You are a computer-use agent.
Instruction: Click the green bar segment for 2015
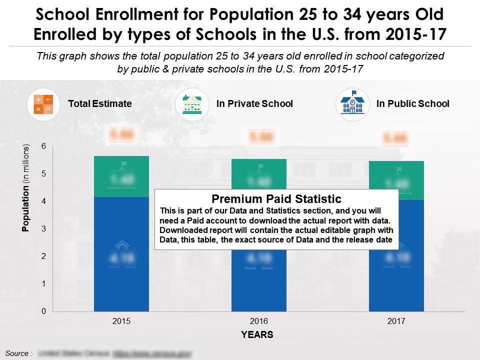pyautogui.click(x=121, y=176)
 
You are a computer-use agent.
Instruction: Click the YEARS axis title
pyautogui.click(x=258, y=335)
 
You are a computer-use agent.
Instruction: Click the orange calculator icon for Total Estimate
pyautogui.click(x=42, y=104)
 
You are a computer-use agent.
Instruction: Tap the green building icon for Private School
pyautogui.click(x=192, y=104)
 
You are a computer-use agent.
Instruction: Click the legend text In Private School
pyautogui.click(x=254, y=104)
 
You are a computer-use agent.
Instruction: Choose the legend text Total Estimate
pyautogui.click(x=99, y=104)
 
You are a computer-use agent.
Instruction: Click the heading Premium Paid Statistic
pyautogui.click(x=276, y=199)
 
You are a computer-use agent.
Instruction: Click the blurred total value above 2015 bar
pyautogui.click(x=121, y=134)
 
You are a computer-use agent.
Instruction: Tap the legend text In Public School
pyautogui.click(x=412, y=104)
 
